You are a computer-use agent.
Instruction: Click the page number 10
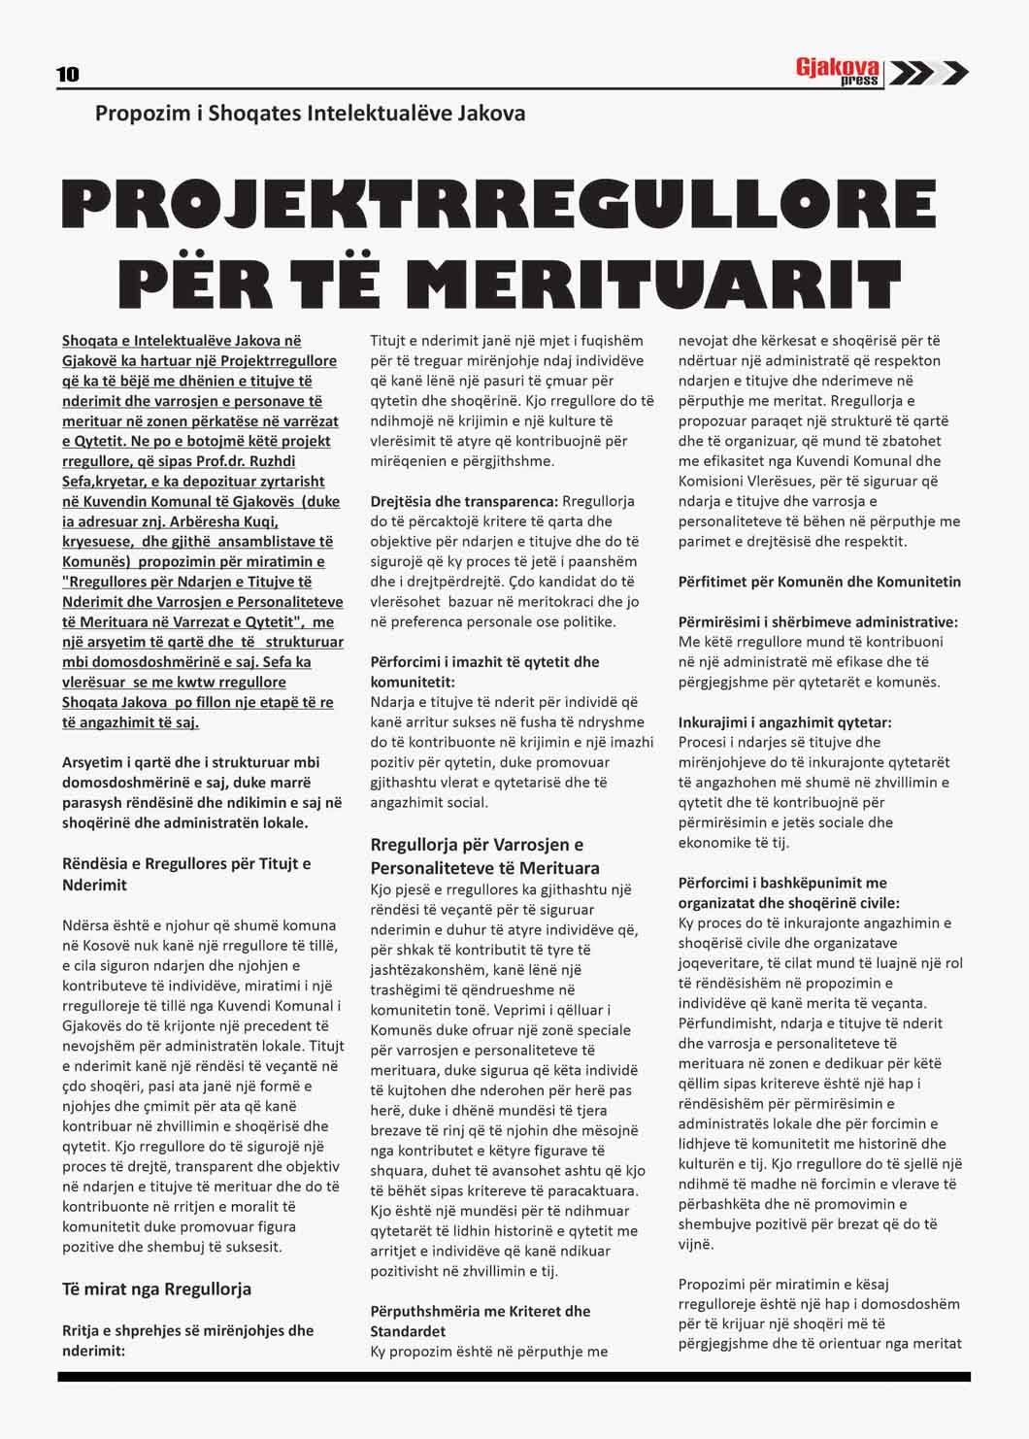(x=68, y=75)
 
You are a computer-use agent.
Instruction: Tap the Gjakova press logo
(x=838, y=71)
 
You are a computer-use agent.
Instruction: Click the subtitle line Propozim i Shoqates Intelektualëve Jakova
(x=311, y=114)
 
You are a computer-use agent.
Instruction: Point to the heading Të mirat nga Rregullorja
(x=156, y=1288)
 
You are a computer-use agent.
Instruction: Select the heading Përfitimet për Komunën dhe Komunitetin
(x=819, y=582)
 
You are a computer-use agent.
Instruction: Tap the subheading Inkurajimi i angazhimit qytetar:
(x=784, y=722)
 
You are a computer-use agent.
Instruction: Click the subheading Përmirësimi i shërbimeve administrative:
(x=818, y=621)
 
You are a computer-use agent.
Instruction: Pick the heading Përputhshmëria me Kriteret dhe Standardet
(x=480, y=1321)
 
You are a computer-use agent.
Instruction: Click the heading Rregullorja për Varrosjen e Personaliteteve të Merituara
(x=485, y=855)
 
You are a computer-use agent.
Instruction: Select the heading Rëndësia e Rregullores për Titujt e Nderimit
(x=185, y=874)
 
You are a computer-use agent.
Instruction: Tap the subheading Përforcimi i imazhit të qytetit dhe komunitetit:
(x=484, y=672)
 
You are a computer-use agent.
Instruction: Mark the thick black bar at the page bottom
(x=514, y=1376)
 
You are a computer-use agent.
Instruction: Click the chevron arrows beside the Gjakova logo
(x=928, y=73)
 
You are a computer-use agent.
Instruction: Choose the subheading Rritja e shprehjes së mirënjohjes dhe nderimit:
(x=187, y=1340)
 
